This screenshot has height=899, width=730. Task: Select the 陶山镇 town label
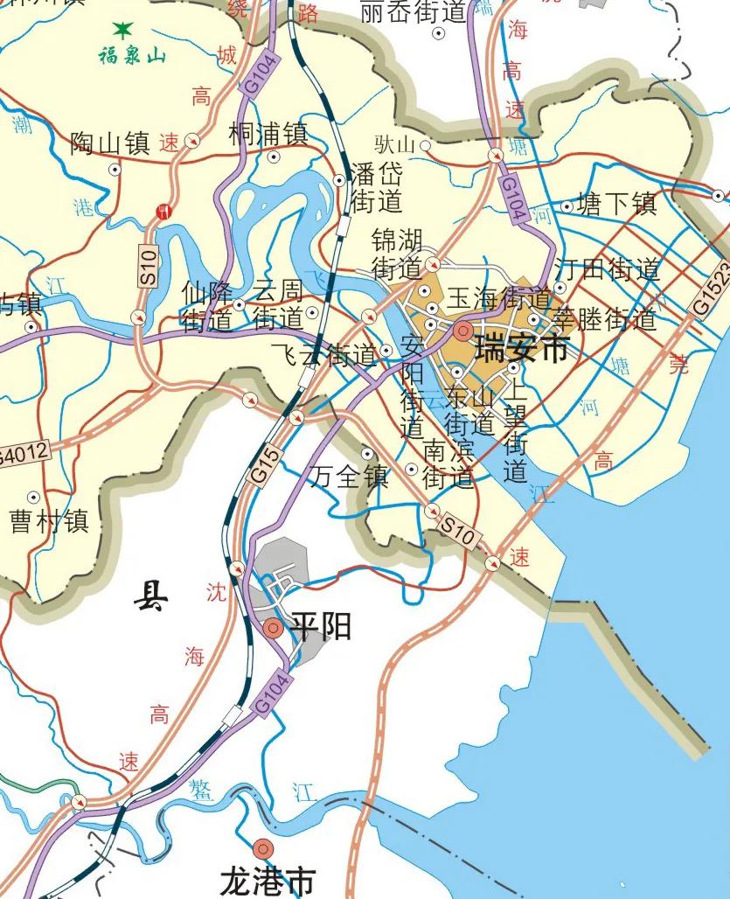point(110,143)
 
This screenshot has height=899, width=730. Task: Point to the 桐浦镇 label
point(268,134)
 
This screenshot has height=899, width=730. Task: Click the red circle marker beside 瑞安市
point(462,331)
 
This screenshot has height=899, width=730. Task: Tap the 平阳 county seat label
point(321,626)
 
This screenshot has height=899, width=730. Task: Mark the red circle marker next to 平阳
point(273,626)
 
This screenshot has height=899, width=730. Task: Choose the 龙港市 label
point(268,881)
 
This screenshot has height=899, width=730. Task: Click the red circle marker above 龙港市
point(262,847)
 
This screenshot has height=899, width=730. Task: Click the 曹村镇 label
point(49,522)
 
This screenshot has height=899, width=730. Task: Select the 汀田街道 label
point(608,268)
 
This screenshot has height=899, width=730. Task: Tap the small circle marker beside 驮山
point(426,144)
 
